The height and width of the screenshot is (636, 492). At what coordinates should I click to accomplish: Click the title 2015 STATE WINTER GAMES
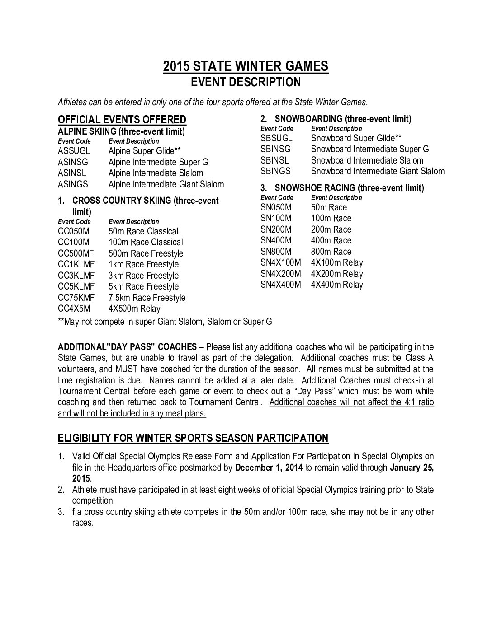246,66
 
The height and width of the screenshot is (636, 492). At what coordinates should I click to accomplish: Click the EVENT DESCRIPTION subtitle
246,82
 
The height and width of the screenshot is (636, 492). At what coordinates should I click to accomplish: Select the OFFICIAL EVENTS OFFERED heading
122,120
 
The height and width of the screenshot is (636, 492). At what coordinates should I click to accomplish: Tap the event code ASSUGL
74,151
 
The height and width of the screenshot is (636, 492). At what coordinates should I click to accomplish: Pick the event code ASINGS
73,184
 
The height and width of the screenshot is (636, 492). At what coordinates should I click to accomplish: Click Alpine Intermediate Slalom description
156,173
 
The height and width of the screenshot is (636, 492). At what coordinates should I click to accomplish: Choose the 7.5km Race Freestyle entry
147,298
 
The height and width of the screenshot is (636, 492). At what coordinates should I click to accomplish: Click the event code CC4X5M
74,309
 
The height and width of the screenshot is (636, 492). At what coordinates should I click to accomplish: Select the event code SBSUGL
276,138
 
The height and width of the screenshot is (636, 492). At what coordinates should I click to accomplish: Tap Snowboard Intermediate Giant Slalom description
378,171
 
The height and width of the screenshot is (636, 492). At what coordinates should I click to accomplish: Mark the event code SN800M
276,252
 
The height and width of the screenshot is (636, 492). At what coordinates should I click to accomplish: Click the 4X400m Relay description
337,285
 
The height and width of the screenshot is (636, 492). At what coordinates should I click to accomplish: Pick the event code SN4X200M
280,274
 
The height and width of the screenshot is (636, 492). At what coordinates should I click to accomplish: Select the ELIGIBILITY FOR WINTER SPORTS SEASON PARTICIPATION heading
193,438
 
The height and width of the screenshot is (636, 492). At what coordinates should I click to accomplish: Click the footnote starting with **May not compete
165,322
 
